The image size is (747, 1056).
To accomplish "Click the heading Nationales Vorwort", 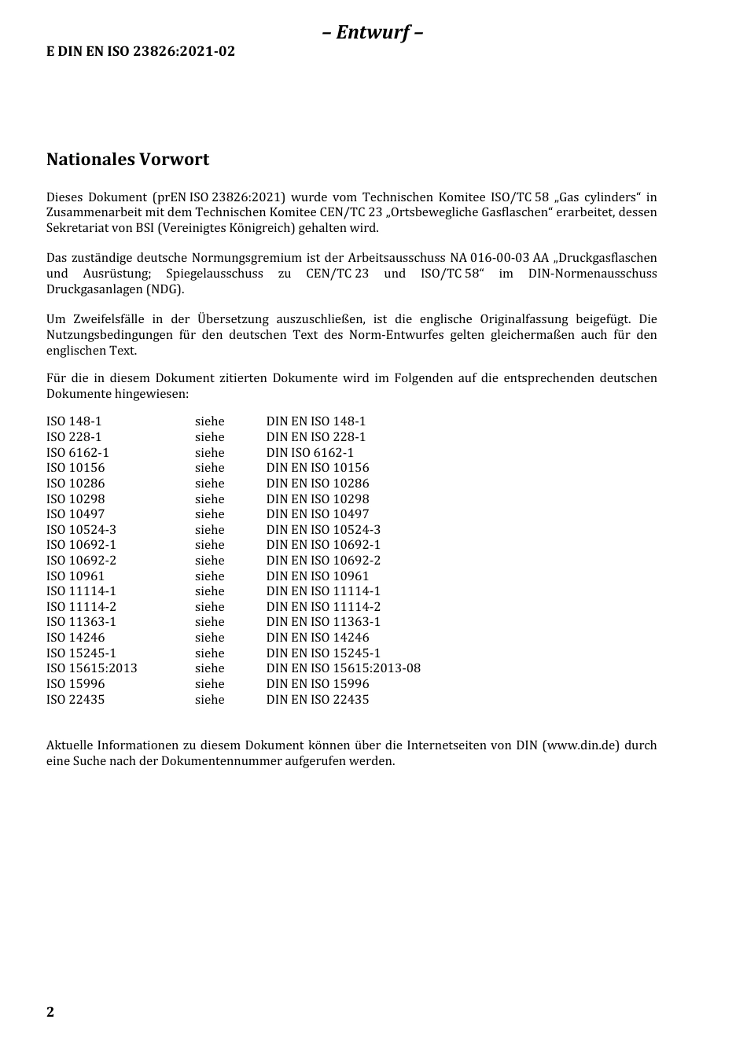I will [x=127, y=160].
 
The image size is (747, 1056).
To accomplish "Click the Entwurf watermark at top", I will [x=373, y=32].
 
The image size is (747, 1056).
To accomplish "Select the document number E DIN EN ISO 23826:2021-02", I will [x=140, y=52].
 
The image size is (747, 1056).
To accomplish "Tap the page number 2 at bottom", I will [x=50, y=1012].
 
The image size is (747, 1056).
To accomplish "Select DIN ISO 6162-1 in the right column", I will [x=310, y=453].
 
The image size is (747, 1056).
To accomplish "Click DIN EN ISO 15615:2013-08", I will [x=343, y=668].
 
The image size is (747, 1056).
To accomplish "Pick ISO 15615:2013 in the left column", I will [x=91, y=668].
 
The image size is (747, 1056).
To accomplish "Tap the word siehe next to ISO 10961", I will [x=209, y=576].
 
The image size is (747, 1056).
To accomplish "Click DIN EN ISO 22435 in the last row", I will [x=317, y=700].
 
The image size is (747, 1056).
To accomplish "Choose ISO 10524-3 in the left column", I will [x=81, y=530].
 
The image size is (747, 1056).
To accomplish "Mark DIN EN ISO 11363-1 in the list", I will [x=323, y=622].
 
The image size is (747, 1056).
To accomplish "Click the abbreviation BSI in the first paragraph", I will [x=167, y=228].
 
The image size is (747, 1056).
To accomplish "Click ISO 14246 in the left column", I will [x=75, y=638].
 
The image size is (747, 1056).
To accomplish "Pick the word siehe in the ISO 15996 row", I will [x=209, y=684].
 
